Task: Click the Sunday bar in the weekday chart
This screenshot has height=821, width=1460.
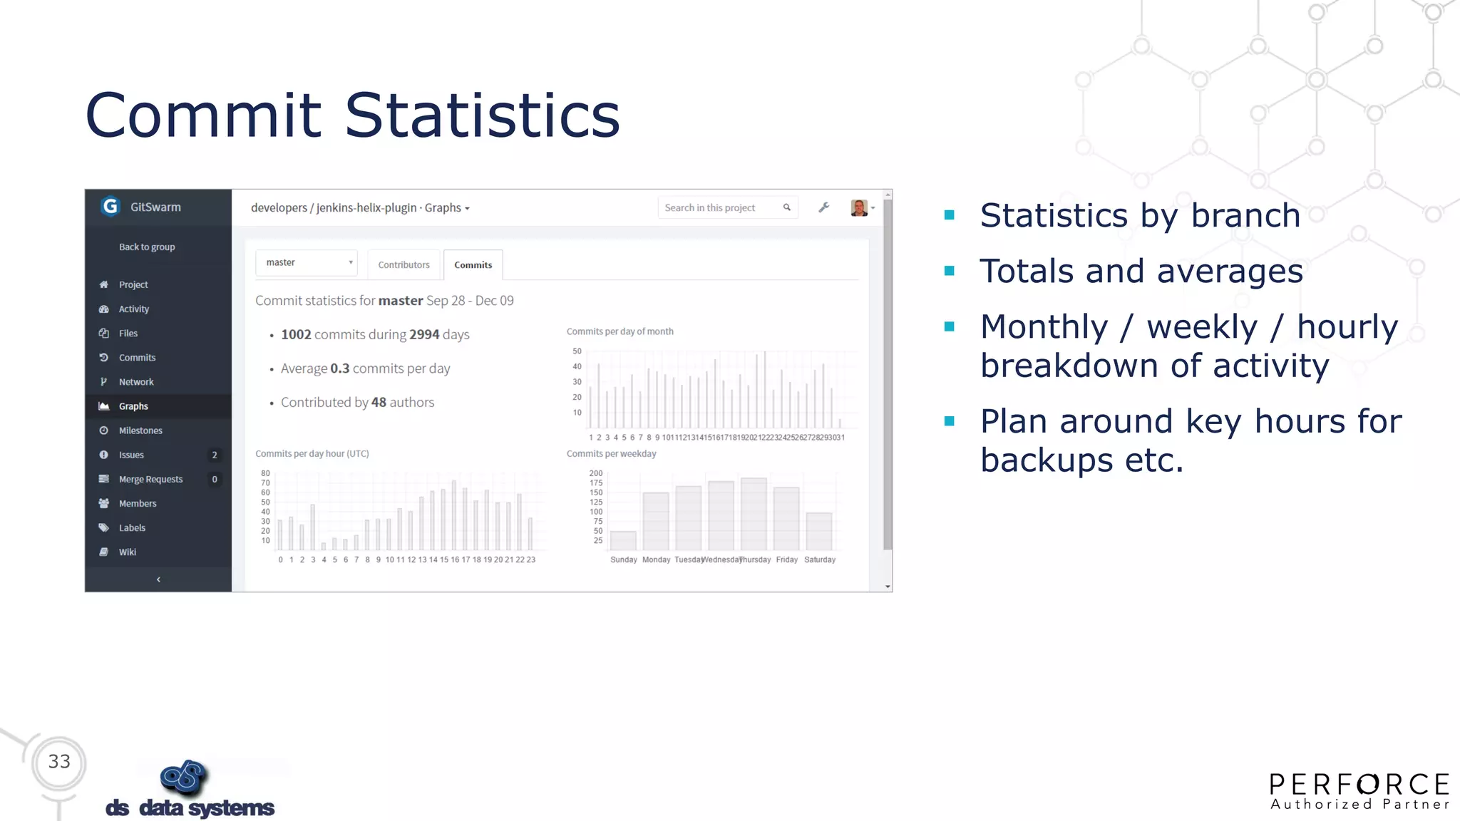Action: click(623, 540)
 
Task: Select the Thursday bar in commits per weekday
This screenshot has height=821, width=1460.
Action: click(754, 514)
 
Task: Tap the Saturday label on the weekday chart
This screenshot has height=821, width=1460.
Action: click(820, 560)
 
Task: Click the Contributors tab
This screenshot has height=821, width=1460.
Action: click(403, 264)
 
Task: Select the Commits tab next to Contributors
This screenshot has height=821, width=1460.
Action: click(473, 264)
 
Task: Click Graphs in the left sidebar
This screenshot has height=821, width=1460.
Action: click(133, 406)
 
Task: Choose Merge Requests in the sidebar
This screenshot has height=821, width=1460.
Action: click(150, 479)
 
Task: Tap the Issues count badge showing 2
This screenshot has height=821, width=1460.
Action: click(215, 455)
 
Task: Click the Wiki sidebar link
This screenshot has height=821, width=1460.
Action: click(128, 552)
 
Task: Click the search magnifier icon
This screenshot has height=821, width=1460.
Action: click(787, 207)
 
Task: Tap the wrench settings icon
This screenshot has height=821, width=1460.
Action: click(823, 207)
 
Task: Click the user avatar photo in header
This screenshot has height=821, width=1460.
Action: click(859, 207)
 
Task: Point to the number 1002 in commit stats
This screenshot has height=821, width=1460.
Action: click(296, 334)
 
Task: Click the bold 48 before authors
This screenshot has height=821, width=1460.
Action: click(379, 402)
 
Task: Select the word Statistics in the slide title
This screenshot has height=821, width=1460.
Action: click(482, 115)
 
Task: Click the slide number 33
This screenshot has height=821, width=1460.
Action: click(59, 761)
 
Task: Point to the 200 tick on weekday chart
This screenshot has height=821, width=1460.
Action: click(596, 473)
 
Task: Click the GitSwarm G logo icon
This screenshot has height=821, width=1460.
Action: click(110, 207)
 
